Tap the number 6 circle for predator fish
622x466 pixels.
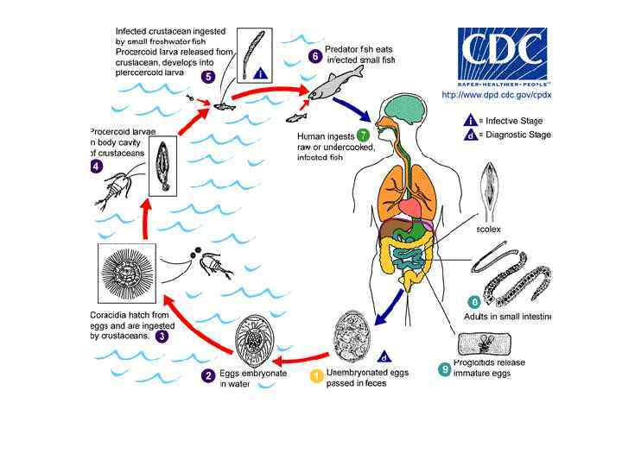[x=315, y=56]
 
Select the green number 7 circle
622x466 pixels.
[x=363, y=135]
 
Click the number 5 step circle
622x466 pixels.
[x=208, y=77]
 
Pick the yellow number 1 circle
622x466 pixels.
[x=317, y=375]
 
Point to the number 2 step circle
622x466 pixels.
[x=208, y=375]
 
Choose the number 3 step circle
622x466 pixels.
[x=162, y=336]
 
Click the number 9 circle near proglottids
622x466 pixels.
[x=444, y=369]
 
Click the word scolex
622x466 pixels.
[x=489, y=230]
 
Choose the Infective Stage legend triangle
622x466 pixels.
[x=469, y=121]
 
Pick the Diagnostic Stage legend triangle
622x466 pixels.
[x=469, y=135]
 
